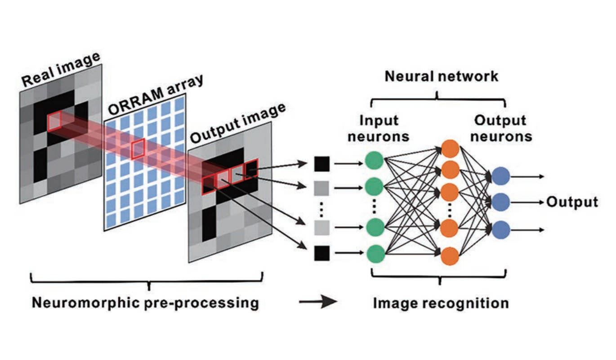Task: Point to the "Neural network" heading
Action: pos(441,76)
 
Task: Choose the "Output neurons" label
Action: pos(500,128)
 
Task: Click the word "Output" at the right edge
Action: pos(572,202)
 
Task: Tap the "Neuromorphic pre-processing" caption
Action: pos(145,302)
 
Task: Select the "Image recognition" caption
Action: pos(441,303)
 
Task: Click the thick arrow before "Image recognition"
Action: pos(317,302)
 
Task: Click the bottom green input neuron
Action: pos(374,254)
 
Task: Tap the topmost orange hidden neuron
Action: pos(450,148)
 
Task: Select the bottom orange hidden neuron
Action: pos(450,256)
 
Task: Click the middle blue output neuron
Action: pos(500,202)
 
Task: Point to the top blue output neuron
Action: pos(500,176)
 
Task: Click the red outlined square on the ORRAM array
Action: pos(138,149)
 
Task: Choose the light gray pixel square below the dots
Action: pos(322,228)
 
